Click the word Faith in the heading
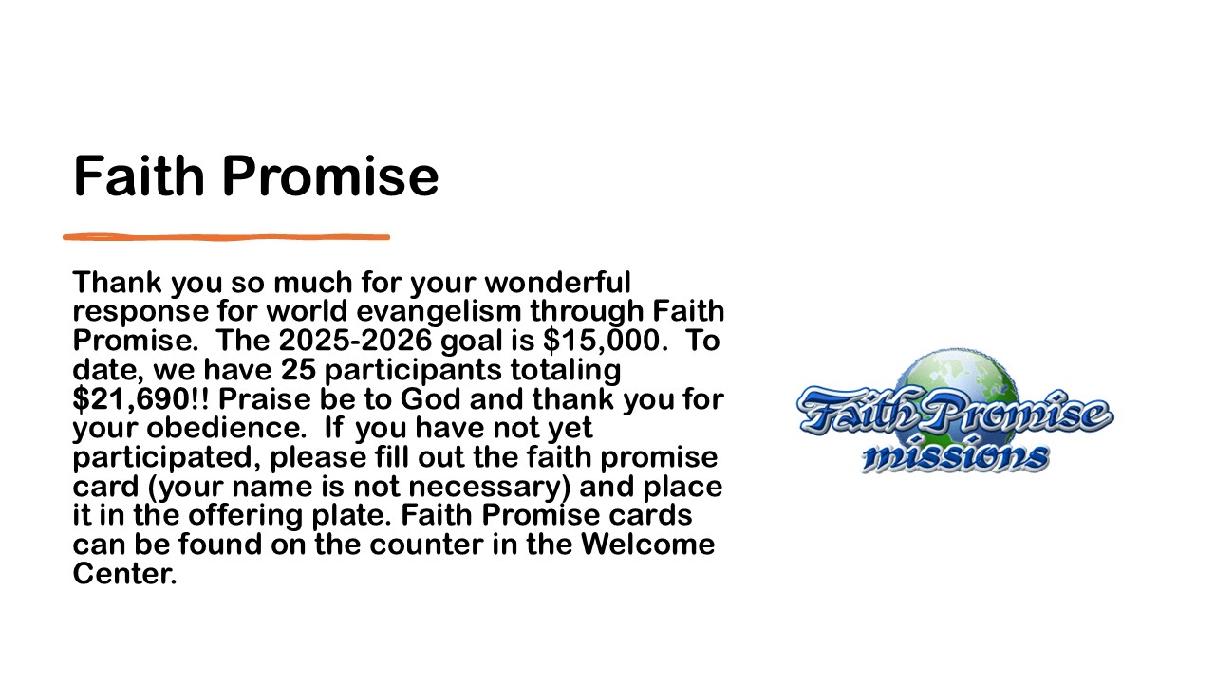click(139, 175)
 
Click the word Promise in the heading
click(330, 175)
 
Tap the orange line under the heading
click(226, 237)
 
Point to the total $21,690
click(131, 399)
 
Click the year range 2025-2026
click(355, 341)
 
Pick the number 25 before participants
click(298, 370)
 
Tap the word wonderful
click(557, 283)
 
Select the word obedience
click(222, 428)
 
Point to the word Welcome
click(647, 545)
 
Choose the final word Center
click(124, 574)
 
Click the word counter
click(426, 545)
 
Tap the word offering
click(245, 516)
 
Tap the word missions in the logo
click(956, 454)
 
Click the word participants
click(413, 371)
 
